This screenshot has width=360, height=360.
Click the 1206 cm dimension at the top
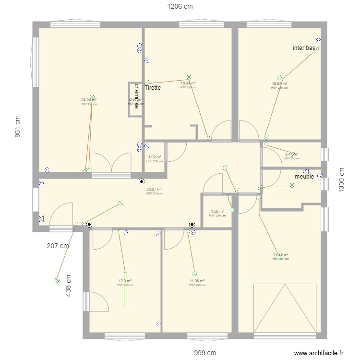(x=180, y=6)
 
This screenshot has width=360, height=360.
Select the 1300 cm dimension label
(x=342, y=180)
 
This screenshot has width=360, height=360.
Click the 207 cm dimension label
(x=58, y=246)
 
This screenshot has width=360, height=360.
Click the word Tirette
(x=153, y=88)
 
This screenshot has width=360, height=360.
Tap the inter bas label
(x=304, y=48)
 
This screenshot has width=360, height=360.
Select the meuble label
(x=304, y=176)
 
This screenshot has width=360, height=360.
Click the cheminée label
(x=137, y=96)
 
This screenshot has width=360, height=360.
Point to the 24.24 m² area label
(x=89, y=100)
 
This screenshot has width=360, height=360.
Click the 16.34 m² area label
(x=188, y=83)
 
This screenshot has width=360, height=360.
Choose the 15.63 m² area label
(x=279, y=84)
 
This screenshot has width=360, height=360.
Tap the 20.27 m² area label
(x=154, y=189)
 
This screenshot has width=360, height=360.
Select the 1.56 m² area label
(x=217, y=211)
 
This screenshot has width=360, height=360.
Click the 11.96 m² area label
(x=197, y=281)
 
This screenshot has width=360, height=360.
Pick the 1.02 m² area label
(x=155, y=157)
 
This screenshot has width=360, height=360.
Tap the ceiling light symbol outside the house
(x=57, y=279)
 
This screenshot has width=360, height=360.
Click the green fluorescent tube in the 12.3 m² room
(x=125, y=288)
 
